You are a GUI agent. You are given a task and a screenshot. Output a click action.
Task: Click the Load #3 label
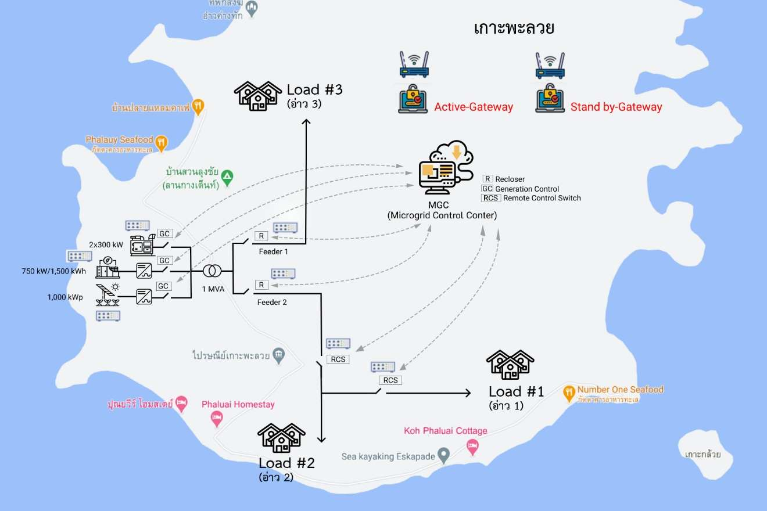tap(314, 90)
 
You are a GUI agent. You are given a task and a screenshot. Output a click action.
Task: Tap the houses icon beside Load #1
tap(510, 364)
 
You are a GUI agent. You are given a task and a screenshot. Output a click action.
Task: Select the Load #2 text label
tap(286, 463)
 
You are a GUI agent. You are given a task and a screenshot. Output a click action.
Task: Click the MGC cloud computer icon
tap(446, 168)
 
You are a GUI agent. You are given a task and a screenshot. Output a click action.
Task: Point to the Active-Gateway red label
tap(474, 107)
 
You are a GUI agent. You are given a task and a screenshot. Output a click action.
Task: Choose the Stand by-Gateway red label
tap(616, 107)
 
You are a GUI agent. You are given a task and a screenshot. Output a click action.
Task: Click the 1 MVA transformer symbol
tap(212, 271)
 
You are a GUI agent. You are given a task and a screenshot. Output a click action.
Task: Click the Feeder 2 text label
tap(272, 302)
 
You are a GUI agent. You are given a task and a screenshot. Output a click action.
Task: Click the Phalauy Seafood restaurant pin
tap(162, 142)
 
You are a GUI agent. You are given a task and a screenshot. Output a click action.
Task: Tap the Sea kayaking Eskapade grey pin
tap(444, 455)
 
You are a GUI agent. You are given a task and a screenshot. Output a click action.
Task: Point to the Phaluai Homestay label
tap(238, 404)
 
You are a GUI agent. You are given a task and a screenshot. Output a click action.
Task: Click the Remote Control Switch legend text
tap(542, 198)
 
